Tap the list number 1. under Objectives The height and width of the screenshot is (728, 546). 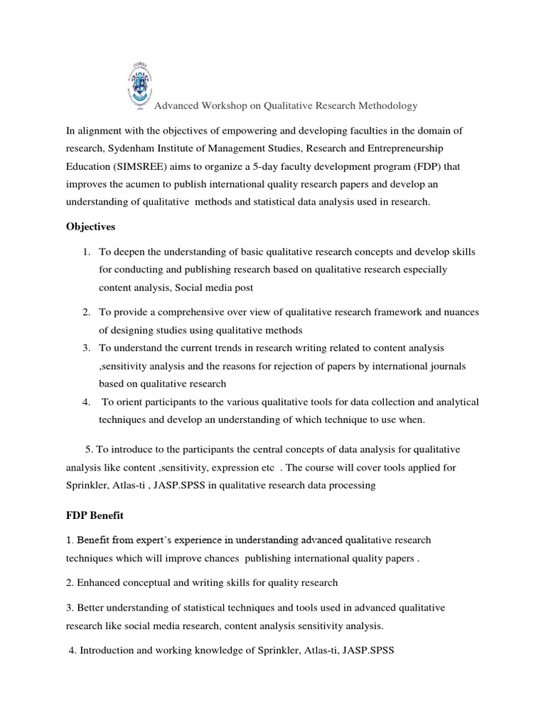point(86,252)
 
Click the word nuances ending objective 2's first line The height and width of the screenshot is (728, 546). point(459,311)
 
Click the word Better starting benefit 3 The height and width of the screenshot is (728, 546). point(92,609)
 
